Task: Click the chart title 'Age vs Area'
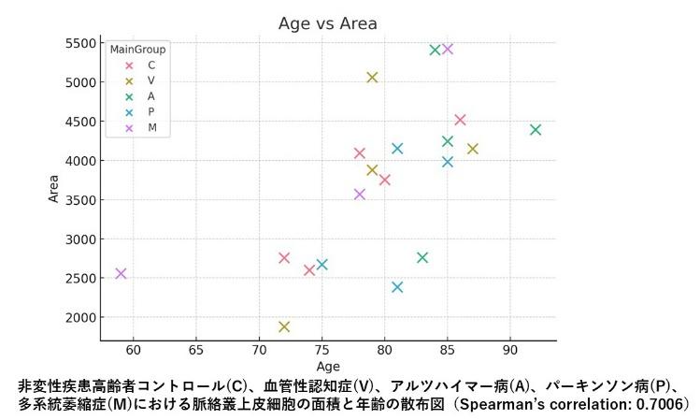[x=327, y=23]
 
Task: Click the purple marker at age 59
[x=121, y=273]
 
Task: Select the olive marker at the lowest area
[x=284, y=326]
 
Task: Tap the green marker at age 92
[x=536, y=129]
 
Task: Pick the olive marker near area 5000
[x=372, y=77]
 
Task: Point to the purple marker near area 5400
[x=448, y=49]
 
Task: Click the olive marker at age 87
[x=473, y=148]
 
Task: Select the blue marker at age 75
[x=322, y=264]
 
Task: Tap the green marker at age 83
[x=422, y=257]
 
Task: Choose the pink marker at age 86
[x=460, y=120]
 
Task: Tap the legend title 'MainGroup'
[x=138, y=49]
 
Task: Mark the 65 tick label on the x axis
[x=196, y=350]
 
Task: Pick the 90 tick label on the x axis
[x=509, y=350]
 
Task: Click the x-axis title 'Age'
[x=328, y=366]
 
